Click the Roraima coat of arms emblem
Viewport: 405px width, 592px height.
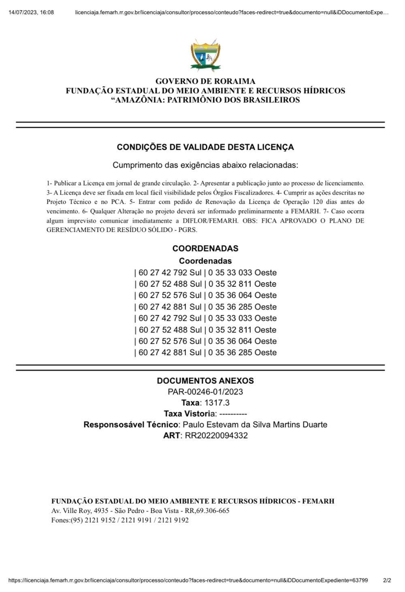(x=205, y=56)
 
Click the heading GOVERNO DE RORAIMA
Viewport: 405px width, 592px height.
(x=205, y=81)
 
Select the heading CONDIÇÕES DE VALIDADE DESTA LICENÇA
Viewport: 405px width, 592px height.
(x=205, y=147)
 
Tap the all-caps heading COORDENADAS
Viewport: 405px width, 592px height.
(x=205, y=249)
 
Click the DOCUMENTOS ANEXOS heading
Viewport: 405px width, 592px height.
(x=205, y=381)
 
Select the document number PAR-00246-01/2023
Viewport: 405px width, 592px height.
(x=205, y=392)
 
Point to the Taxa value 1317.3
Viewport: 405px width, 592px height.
(x=217, y=403)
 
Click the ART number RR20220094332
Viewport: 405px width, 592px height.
(x=216, y=435)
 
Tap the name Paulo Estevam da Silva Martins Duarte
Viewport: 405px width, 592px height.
(x=255, y=425)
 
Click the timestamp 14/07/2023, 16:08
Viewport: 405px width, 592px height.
(x=31, y=12)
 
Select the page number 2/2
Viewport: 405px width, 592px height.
(x=387, y=580)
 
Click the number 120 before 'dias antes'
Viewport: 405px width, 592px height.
(x=318, y=202)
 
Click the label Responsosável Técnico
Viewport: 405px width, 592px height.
(x=131, y=425)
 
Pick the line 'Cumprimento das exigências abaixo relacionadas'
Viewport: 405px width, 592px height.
(x=205, y=165)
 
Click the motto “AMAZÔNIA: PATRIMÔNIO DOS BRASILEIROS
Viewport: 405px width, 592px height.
(x=205, y=100)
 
